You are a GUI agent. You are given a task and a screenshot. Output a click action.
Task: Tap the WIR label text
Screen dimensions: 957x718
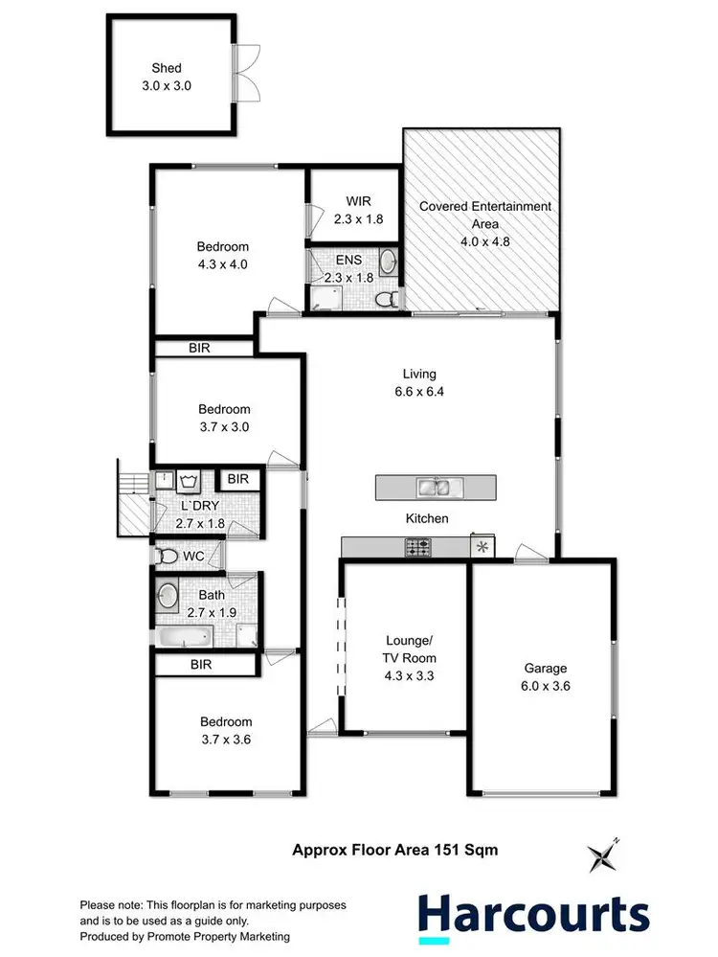pos(359,202)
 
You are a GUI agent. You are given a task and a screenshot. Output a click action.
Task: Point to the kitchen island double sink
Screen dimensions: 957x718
pos(436,488)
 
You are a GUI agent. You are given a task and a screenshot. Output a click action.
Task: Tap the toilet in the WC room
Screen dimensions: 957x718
pos(168,555)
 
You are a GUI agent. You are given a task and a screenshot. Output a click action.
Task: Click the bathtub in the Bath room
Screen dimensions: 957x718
pos(185,636)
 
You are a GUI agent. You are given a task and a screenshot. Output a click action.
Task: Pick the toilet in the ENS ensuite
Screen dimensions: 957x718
pos(387,298)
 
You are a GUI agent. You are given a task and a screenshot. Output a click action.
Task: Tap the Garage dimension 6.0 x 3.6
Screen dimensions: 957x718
pos(545,685)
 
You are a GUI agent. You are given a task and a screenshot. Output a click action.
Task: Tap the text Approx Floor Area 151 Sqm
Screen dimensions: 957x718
pos(394,850)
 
